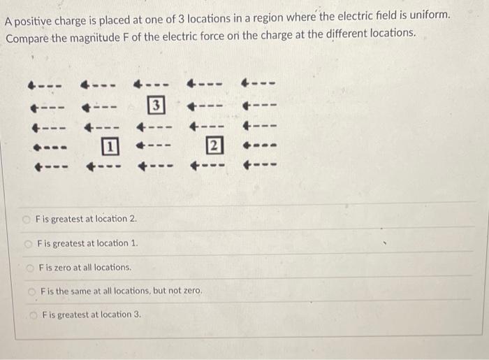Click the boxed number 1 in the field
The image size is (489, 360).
[x=108, y=147]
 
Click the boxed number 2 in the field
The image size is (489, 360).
[x=215, y=147]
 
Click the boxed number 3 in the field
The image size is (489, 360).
[x=157, y=107]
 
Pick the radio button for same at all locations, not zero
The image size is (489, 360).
[x=31, y=290]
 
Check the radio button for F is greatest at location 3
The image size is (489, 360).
[x=34, y=315]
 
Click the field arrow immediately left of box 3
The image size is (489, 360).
[x=99, y=108]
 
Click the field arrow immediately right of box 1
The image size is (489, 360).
[x=153, y=147]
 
